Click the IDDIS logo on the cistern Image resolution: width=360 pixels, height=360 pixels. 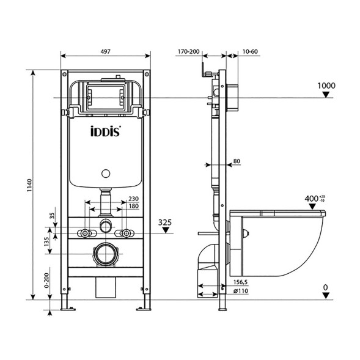[106, 130]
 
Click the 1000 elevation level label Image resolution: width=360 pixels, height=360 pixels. [327, 86]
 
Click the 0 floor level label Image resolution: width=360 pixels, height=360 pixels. [326, 287]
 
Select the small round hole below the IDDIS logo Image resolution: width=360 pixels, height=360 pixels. [106, 172]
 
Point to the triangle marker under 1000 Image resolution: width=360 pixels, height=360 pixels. [328, 95]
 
